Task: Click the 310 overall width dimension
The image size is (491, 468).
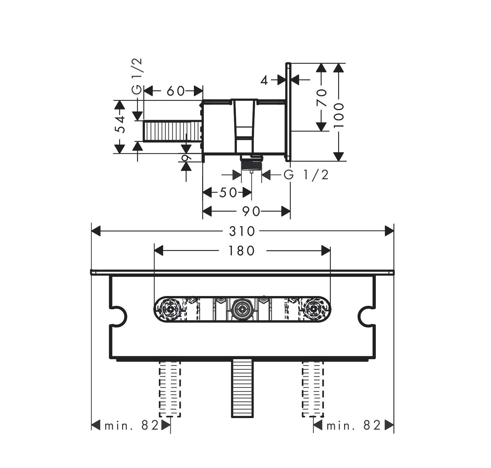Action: tap(242, 231)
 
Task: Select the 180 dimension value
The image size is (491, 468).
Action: tap(242, 251)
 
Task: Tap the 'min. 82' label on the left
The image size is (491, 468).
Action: tap(132, 425)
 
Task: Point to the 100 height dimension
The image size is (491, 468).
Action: tap(338, 112)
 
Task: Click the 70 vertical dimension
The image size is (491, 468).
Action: tap(321, 98)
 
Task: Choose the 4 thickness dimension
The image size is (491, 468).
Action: tap(264, 80)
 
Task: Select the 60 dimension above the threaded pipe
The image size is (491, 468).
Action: tap(175, 91)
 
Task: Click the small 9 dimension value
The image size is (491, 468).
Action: tap(186, 157)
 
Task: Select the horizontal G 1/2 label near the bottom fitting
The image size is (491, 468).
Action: tap(306, 175)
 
